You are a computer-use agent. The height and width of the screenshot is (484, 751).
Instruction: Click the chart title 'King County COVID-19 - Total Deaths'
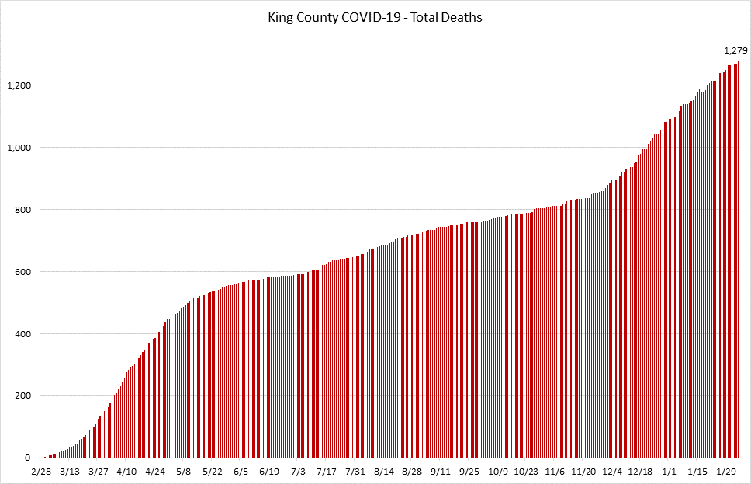point(374,17)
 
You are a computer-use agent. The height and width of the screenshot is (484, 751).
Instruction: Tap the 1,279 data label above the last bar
point(735,51)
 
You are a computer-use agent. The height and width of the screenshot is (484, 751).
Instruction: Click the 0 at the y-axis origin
point(27,458)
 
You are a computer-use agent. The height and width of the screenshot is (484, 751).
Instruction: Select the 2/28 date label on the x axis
point(41,472)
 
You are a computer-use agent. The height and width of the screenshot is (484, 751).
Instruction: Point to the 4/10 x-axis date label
point(126,472)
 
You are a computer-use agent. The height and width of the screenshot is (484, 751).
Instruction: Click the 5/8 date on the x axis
point(184,472)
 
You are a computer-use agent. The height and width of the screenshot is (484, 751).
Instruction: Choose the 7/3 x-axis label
point(298,472)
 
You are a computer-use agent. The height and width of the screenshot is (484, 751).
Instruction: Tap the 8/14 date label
point(383,472)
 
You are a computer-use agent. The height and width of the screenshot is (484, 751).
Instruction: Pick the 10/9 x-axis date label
point(498,472)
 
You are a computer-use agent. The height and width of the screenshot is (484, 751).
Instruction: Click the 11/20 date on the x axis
point(583,472)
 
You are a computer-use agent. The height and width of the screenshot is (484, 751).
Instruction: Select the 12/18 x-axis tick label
point(640,472)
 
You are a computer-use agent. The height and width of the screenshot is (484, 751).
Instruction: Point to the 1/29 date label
point(726,472)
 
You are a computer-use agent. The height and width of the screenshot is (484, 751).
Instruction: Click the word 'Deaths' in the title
point(463,17)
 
